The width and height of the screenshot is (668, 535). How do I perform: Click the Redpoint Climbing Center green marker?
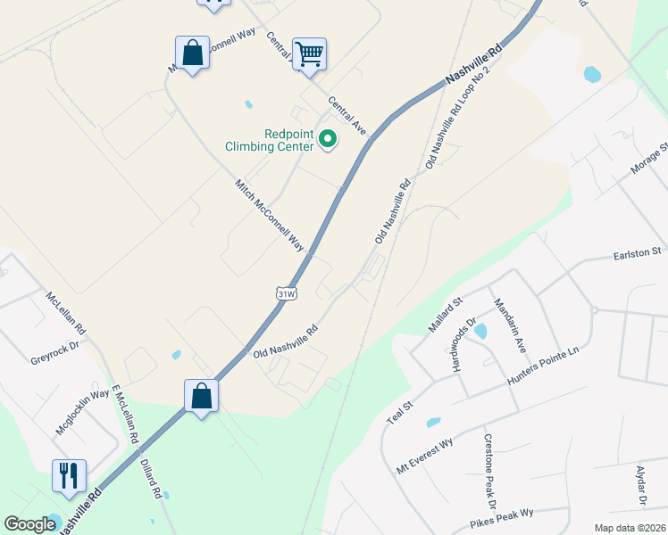pos(327,140)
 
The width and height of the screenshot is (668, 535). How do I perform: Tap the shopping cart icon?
pos(309,53)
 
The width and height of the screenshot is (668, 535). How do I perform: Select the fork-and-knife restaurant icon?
pos(69,475)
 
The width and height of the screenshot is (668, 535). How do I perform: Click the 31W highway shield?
pos(286,293)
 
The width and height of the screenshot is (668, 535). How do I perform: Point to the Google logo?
pos(29,524)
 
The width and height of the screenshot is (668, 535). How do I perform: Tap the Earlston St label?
pos(636,254)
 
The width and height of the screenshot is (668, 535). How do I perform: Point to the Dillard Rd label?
pos(150,479)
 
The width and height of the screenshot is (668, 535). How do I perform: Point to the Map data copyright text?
pos(630,528)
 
